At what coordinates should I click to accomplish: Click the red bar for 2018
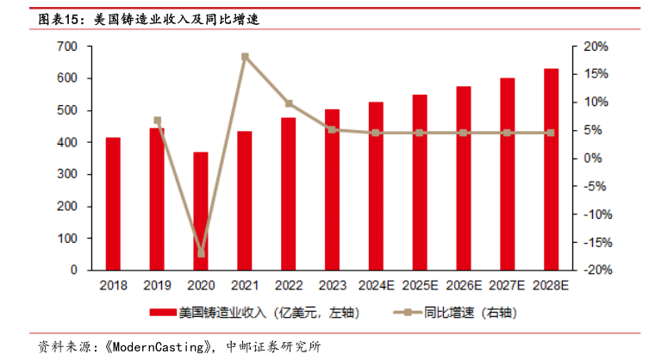(113, 204)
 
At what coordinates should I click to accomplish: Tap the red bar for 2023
(332, 189)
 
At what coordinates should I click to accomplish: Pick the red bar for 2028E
(551, 170)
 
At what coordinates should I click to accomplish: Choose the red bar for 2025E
(420, 183)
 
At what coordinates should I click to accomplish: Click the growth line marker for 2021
(245, 57)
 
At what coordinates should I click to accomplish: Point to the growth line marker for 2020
(202, 253)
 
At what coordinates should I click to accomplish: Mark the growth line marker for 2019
(157, 121)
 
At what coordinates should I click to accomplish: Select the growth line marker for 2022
(289, 103)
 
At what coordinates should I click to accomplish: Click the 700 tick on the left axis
(67, 47)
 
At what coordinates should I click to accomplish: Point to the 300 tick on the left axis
(67, 174)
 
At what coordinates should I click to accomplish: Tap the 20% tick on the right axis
(596, 47)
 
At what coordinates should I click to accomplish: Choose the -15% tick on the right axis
(595, 242)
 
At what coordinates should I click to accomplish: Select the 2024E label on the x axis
(377, 285)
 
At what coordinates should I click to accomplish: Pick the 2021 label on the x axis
(245, 285)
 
